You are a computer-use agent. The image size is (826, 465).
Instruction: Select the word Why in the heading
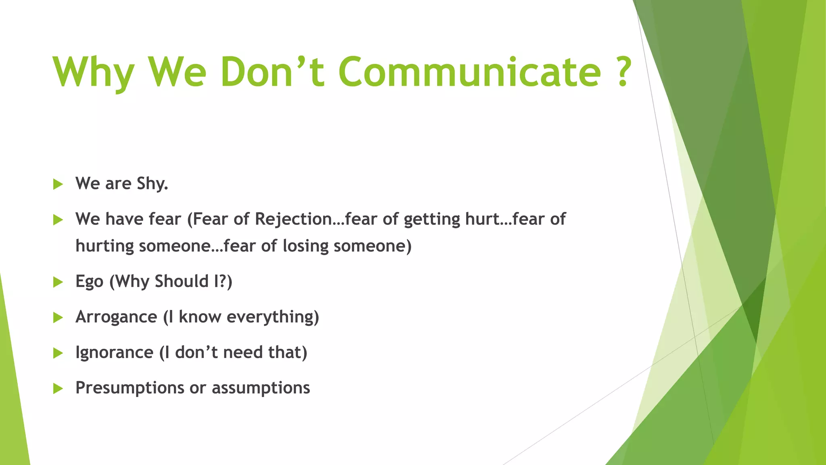(94, 73)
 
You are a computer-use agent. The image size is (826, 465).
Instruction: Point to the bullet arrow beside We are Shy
(58, 184)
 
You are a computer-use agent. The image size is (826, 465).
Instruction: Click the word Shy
(152, 184)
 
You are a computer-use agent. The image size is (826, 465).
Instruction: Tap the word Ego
(89, 282)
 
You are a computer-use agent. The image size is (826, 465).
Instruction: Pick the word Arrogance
(116, 317)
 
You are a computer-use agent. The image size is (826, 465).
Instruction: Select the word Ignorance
(114, 352)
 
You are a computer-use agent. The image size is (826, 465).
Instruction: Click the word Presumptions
(129, 388)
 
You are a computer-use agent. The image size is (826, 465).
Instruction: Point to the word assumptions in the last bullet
(261, 388)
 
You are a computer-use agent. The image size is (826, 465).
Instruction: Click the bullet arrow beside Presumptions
(58, 389)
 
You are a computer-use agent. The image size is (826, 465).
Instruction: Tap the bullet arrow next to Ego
(58, 282)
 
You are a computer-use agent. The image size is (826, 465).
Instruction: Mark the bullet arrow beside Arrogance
(58, 318)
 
